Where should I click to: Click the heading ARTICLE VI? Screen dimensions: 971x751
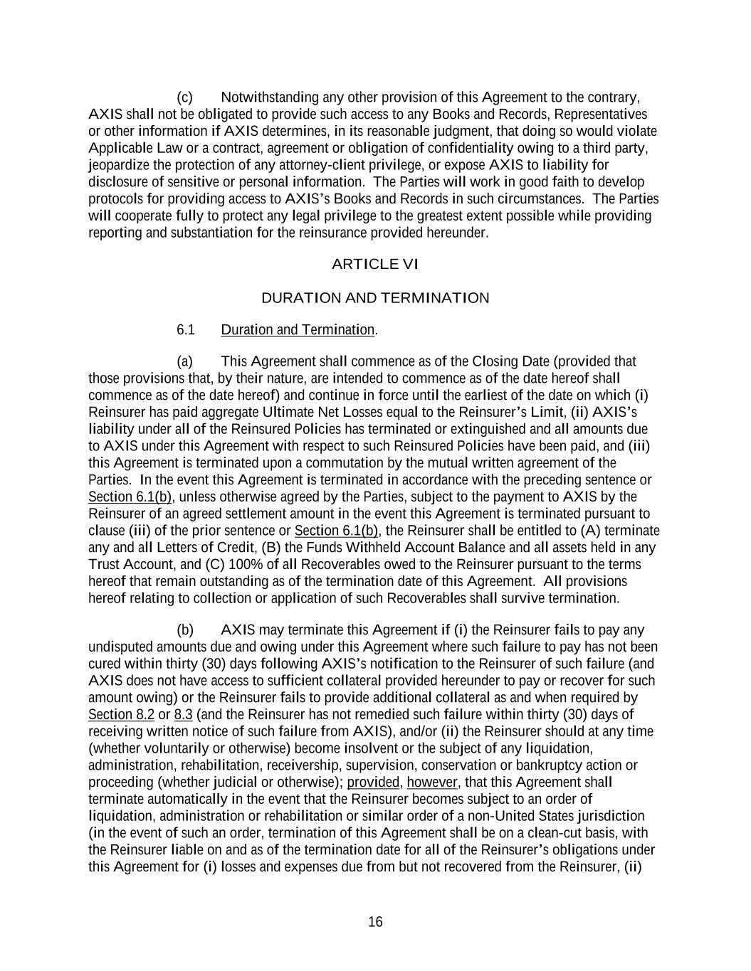pyautogui.click(x=375, y=265)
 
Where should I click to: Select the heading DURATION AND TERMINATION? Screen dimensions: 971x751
pyautogui.click(x=375, y=298)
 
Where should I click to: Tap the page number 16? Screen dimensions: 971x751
pyautogui.click(x=375, y=923)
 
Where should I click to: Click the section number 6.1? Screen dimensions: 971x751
pyautogui.click(x=185, y=330)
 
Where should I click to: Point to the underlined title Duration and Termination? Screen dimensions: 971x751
pyautogui.click(x=298, y=330)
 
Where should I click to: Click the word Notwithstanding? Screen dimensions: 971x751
pyautogui.click(x=270, y=97)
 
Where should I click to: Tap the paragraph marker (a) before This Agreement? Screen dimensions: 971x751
pyautogui.click(x=184, y=361)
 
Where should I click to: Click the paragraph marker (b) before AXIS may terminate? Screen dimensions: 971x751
pyautogui.click(x=184, y=630)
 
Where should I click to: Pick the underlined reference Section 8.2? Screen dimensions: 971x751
pyautogui.click(x=121, y=715)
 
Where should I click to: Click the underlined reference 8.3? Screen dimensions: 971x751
pyautogui.click(x=183, y=715)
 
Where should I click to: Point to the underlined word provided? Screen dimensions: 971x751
pyautogui.click(x=373, y=782)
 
